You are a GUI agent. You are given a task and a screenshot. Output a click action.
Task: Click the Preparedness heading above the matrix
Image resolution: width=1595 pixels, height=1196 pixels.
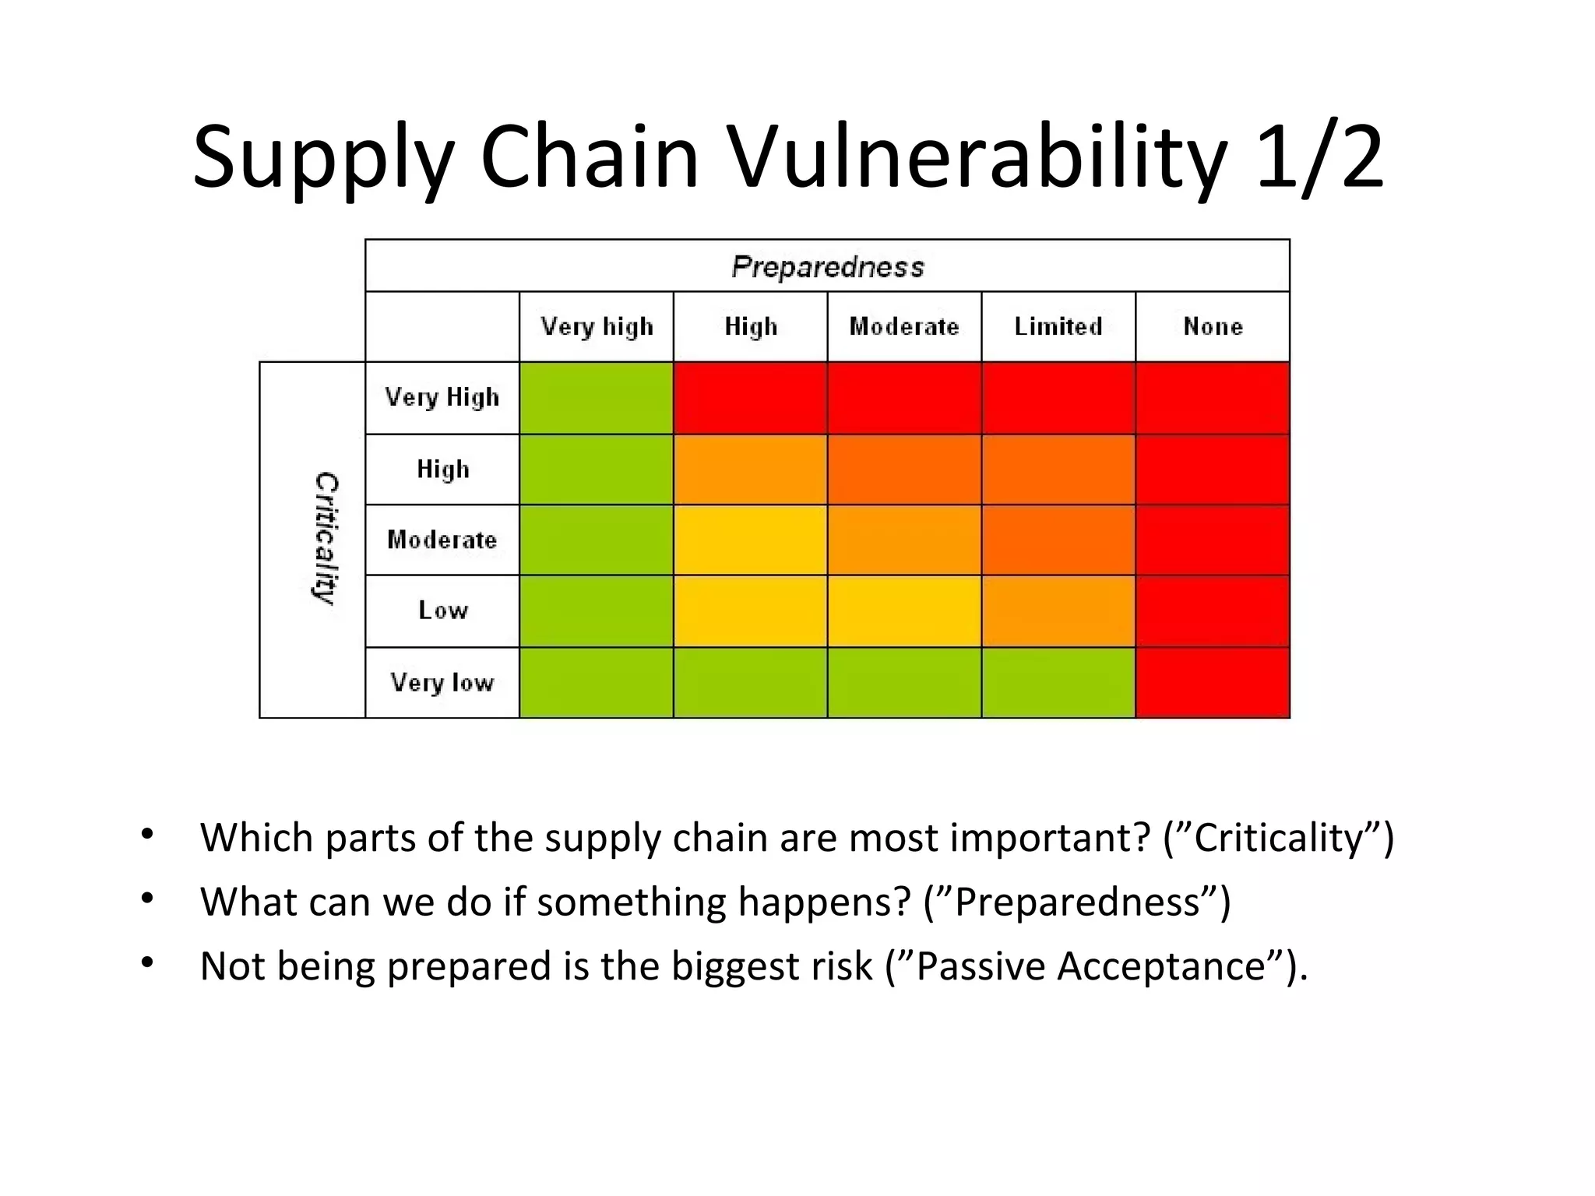click(x=827, y=267)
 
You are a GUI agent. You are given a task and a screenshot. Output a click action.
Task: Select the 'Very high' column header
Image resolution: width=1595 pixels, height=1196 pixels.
click(x=597, y=326)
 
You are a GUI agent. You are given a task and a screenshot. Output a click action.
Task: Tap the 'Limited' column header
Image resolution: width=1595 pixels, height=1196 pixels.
click(x=1058, y=326)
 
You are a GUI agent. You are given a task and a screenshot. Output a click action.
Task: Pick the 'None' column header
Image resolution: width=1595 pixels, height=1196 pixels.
click(x=1213, y=326)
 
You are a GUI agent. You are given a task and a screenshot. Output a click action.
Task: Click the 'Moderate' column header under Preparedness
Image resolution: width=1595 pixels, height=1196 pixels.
click(x=904, y=326)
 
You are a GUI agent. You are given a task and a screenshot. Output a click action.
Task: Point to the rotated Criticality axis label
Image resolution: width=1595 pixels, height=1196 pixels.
click(x=326, y=538)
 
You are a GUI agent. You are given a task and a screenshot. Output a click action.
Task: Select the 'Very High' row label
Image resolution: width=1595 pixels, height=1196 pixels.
click(x=442, y=397)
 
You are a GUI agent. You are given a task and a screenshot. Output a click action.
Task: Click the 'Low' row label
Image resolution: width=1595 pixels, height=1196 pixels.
click(x=442, y=610)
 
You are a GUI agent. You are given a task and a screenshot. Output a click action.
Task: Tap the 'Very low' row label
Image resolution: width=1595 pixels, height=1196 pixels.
click(x=442, y=682)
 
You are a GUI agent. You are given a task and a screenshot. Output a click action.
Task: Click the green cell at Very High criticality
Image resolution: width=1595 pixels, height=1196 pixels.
click(x=596, y=398)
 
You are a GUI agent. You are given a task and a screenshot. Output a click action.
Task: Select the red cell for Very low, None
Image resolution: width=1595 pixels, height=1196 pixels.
click(x=1213, y=682)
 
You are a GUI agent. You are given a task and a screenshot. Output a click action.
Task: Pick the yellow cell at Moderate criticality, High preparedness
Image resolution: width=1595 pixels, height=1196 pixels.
click(x=750, y=540)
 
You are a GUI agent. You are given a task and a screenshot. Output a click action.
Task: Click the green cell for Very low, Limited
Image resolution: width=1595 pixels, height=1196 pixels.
click(x=1058, y=682)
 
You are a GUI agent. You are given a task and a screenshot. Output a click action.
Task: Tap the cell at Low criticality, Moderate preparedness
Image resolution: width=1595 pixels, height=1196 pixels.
click(x=904, y=610)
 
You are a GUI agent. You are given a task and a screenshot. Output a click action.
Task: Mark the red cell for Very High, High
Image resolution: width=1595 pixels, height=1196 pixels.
click(x=750, y=398)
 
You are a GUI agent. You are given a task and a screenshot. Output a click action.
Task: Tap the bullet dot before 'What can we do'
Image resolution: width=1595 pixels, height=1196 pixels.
click(x=147, y=899)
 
